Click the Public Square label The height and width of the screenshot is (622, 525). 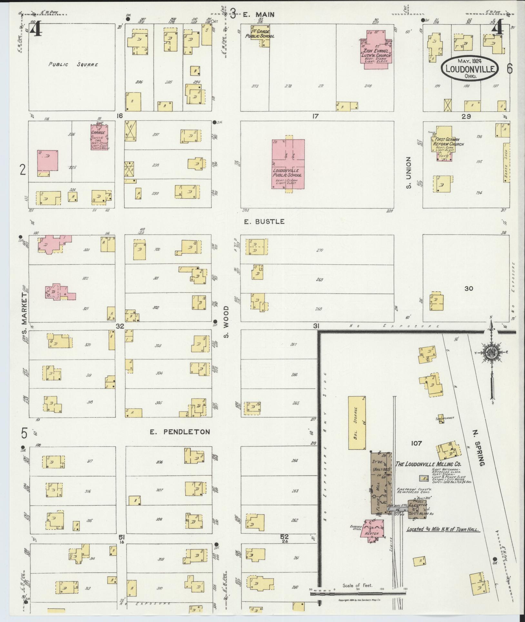tap(73, 64)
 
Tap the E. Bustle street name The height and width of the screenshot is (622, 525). tap(264, 221)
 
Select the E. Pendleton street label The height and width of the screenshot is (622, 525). tap(180, 432)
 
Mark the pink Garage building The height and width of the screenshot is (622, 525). tap(99, 138)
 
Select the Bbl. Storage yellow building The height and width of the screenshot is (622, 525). tap(357, 423)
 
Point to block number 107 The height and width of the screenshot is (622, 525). tap(416, 443)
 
